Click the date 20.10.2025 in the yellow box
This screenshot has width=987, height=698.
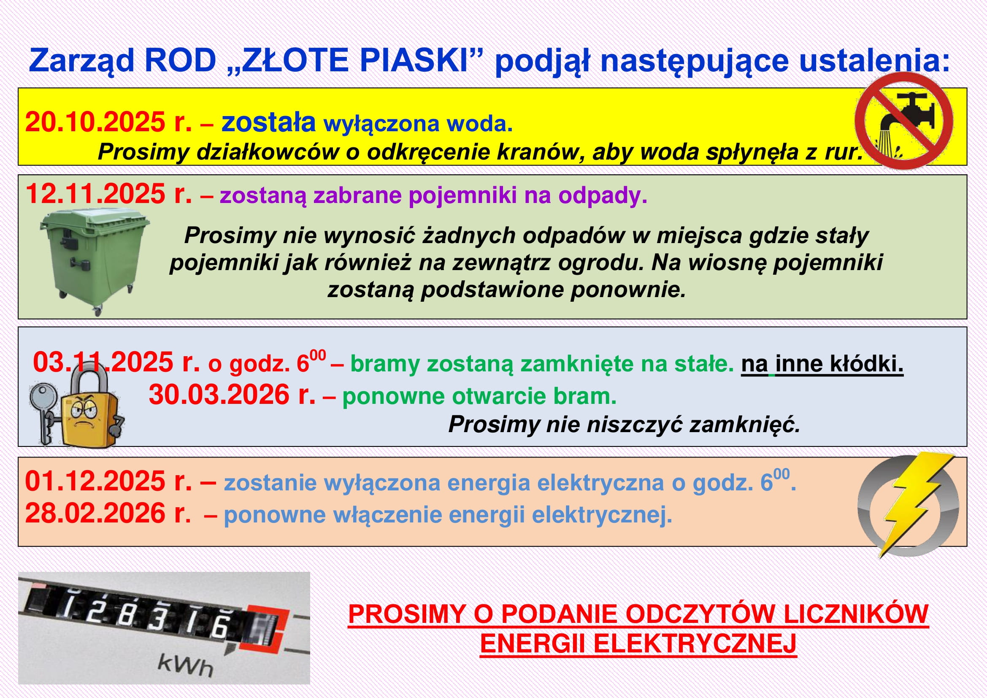pos(95,122)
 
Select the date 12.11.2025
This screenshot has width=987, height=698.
pos(95,194)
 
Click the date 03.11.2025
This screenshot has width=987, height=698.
pos(103,362)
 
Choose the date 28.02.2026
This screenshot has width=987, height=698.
pos(95,513)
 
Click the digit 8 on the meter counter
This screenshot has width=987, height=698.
pos(125,615)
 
